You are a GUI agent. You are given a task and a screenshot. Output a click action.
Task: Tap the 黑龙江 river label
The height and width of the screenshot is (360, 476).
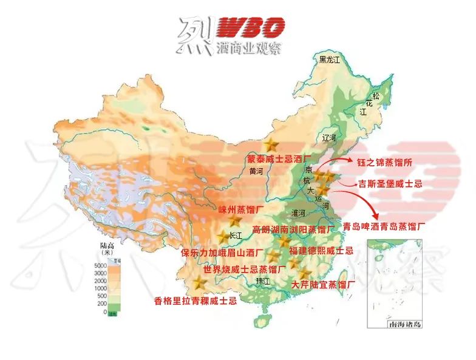(330, 59)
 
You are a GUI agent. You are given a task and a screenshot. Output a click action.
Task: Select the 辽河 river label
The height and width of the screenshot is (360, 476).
(330, 138)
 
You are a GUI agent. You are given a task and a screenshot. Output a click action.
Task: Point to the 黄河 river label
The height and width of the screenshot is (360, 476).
(257, 171)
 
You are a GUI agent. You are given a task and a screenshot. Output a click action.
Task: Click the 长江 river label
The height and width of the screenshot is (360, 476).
(236, 235)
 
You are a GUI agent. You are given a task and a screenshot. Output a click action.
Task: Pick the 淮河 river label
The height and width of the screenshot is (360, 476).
(298, 213)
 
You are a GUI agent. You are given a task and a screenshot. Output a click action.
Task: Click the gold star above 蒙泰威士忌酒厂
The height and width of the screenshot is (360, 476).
(271, 145)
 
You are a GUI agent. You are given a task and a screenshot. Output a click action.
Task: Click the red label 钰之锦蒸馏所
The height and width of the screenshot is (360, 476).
(386, 162)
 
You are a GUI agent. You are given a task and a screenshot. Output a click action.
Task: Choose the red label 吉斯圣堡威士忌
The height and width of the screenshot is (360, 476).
(390, 183)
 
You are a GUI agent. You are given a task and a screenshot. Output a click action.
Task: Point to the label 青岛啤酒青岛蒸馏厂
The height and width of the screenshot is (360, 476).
(384, 226)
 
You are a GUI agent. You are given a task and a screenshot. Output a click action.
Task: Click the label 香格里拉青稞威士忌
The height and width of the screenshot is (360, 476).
(195, 301)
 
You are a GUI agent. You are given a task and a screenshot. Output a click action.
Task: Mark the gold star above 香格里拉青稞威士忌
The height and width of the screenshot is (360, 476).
(201, 283)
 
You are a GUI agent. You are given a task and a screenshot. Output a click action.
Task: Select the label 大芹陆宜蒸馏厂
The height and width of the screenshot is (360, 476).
(323, 284)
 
